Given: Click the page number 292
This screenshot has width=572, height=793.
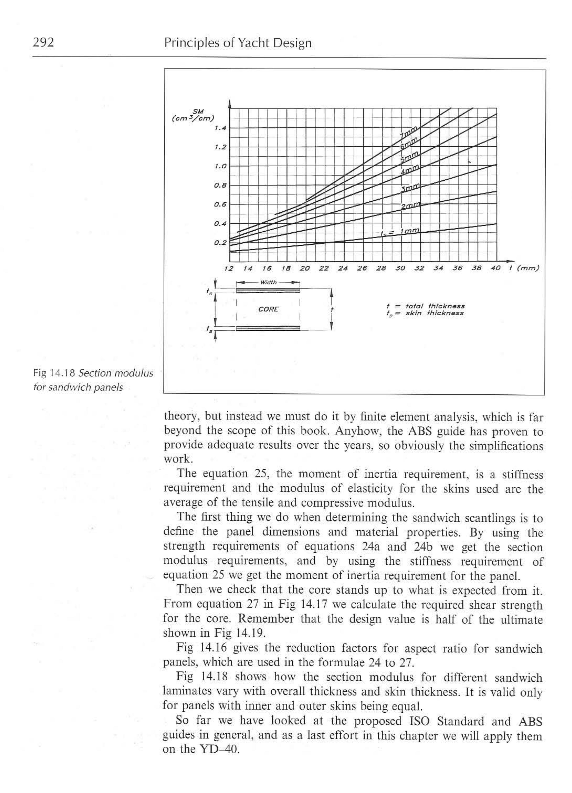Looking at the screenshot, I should [43, 42].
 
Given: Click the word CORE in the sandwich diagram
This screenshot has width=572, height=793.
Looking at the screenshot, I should [268, 309].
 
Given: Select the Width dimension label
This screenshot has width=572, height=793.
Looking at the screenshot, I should [268, 282].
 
